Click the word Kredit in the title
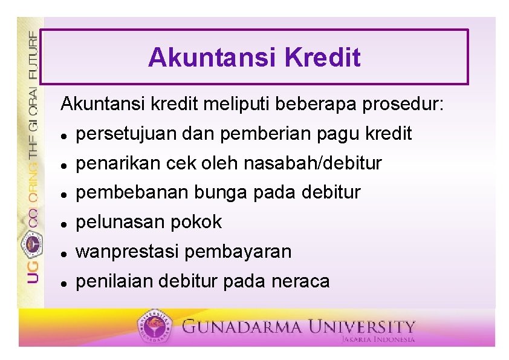pos(323,57)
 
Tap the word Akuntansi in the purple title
pos(212,57)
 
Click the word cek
pos(181,163)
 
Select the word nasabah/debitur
pos(313,163)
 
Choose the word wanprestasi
pos(127,252)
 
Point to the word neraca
pos(300,282)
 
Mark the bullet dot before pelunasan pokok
pos(64,224)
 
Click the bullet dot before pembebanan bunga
pos(64,195)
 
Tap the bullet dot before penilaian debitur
pos(64,284)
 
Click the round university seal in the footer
pos(155,326)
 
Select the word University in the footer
pos(361,327)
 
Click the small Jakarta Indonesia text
pos(378,339)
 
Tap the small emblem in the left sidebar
pos(32,244)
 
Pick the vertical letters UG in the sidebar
pos(33,272)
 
